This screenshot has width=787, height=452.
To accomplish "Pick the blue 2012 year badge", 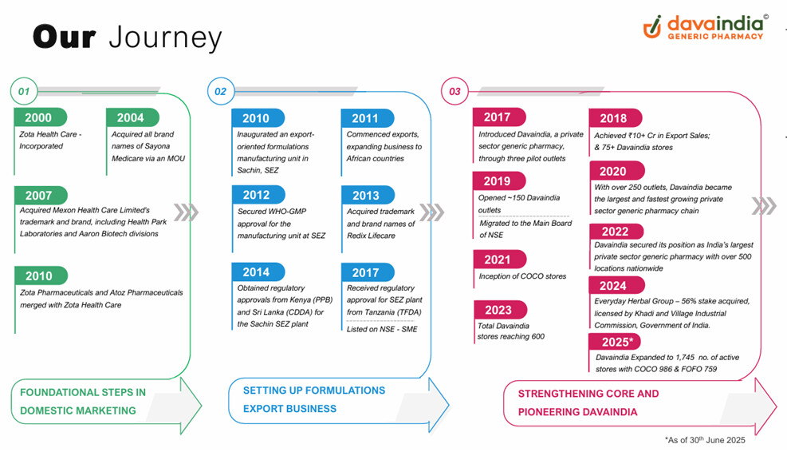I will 258,195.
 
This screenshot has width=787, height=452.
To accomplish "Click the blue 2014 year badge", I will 258,272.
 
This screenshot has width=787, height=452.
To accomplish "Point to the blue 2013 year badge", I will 367,195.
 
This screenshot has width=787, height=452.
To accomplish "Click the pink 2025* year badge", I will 616,342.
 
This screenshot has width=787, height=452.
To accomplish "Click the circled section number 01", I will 24,91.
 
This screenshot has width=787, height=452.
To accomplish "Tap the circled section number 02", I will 220,91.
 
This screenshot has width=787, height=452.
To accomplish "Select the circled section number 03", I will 454,91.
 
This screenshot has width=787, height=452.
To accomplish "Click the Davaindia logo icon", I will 652,26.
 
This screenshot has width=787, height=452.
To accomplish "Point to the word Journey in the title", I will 164,38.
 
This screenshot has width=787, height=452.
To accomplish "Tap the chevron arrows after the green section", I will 186,212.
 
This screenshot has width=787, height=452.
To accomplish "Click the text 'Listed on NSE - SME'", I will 382,329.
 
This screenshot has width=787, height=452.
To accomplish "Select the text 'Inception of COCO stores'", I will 522,276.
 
